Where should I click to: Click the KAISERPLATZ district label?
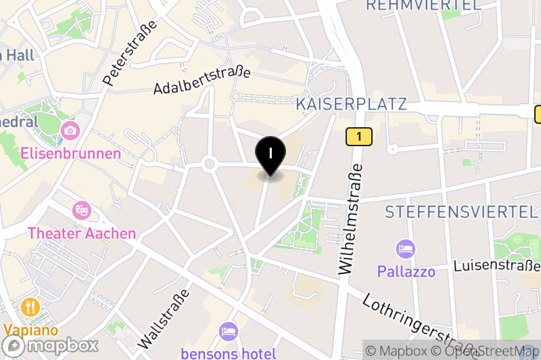pyautogui.click(x=352, y=104)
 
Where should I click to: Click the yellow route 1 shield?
pyautogui.click(x=359, y=137)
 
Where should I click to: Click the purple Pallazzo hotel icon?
pyautogui.click(x=406, y=249)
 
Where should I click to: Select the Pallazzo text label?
pyautogui.click(x=406, y=271)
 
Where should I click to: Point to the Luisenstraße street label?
pyautogui.click(x=496, y=265)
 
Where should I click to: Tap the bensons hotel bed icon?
pyautogui.click(x=229, y=332)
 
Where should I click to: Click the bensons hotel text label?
pyautogui.click(x=229, y=353)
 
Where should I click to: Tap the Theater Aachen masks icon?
pyautogui.click(x=81, y=210)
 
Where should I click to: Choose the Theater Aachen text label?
pyautogui.click(x=81, y=233)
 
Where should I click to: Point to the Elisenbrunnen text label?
pyautogui.click(x=70, y=154)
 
